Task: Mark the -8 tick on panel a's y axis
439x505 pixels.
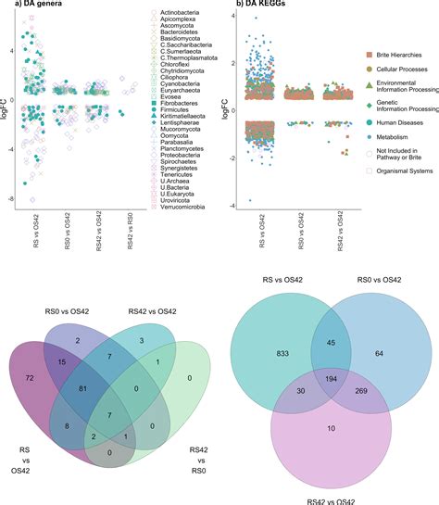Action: (x=12, y=198)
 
